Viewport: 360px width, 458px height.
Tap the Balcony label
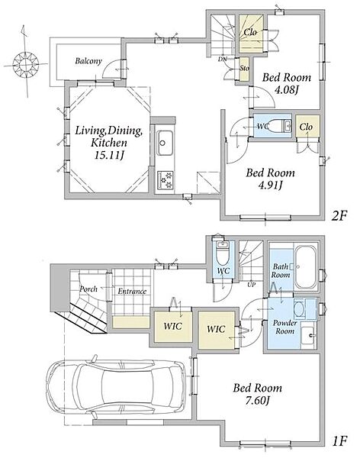(x=88, y=61)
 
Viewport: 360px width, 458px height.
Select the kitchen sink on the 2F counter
(x=165, y=143)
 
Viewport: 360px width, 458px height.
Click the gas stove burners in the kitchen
(x=165, y=180)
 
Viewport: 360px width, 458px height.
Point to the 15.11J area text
(x=108, y=156)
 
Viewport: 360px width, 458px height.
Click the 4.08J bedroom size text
(x=286, y=89)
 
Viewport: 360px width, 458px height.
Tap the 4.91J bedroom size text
(x=270, y=185)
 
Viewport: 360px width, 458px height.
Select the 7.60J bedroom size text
(x=257, y=400)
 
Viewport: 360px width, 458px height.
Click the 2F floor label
(x=339, y=216)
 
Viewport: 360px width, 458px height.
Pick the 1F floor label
(x=339, y=440)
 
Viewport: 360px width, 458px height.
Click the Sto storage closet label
(x=244, y=68)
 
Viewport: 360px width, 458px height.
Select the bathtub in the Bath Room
(x=305, y=267)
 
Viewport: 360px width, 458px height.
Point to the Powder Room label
(x=284, y=327)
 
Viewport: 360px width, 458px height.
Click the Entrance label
(x=132, y=292)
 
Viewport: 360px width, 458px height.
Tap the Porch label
(x=88, y=289)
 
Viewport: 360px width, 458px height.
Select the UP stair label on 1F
(x=251, y=284)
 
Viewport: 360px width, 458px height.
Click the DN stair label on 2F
(x=222, y=59)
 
